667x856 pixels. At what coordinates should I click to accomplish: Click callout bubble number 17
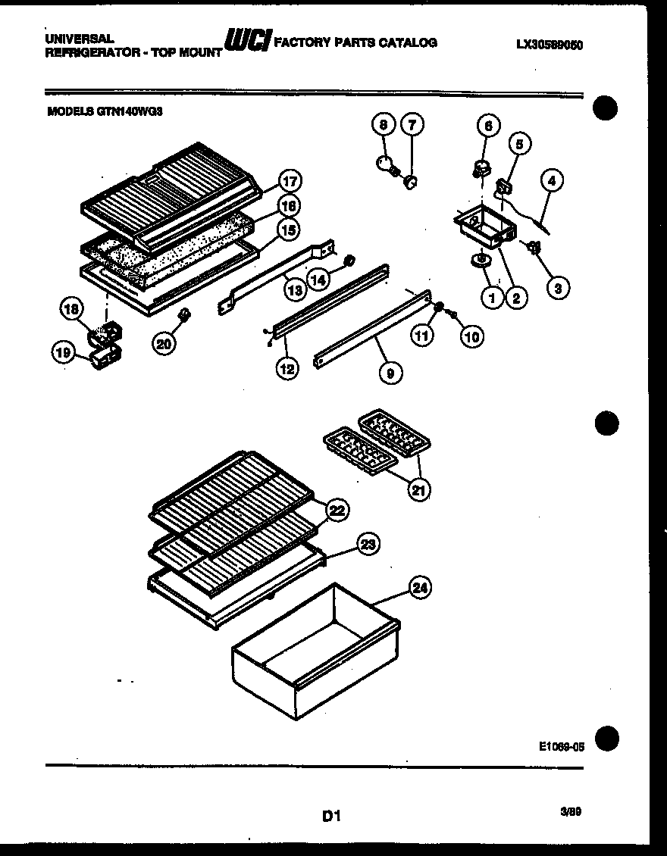pyautogui.click(x=289, y=181)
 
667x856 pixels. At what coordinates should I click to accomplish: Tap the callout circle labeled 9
pyautogui.click(x=390, y=372)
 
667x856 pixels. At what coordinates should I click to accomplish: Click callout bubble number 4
pyautogui.click(x=553, y=180)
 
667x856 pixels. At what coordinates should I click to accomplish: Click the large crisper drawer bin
pyautogui.click(x=315, y=648)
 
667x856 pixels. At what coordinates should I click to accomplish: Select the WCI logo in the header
pyautogui.click(x=246, y=42)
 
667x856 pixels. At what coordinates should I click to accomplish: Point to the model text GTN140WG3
pyautogui.click(x=129, y=111)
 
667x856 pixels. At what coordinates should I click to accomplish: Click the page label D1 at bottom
pyautogui.click(x=332, y=816)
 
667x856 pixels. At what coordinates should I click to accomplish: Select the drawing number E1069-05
pyautogui.click(x=562, y=745)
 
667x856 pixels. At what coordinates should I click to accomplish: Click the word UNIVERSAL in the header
pyautogui.click(x=79, y=38)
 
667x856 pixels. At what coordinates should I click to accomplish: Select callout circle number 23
pyautogui.click(x=368, y=545)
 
